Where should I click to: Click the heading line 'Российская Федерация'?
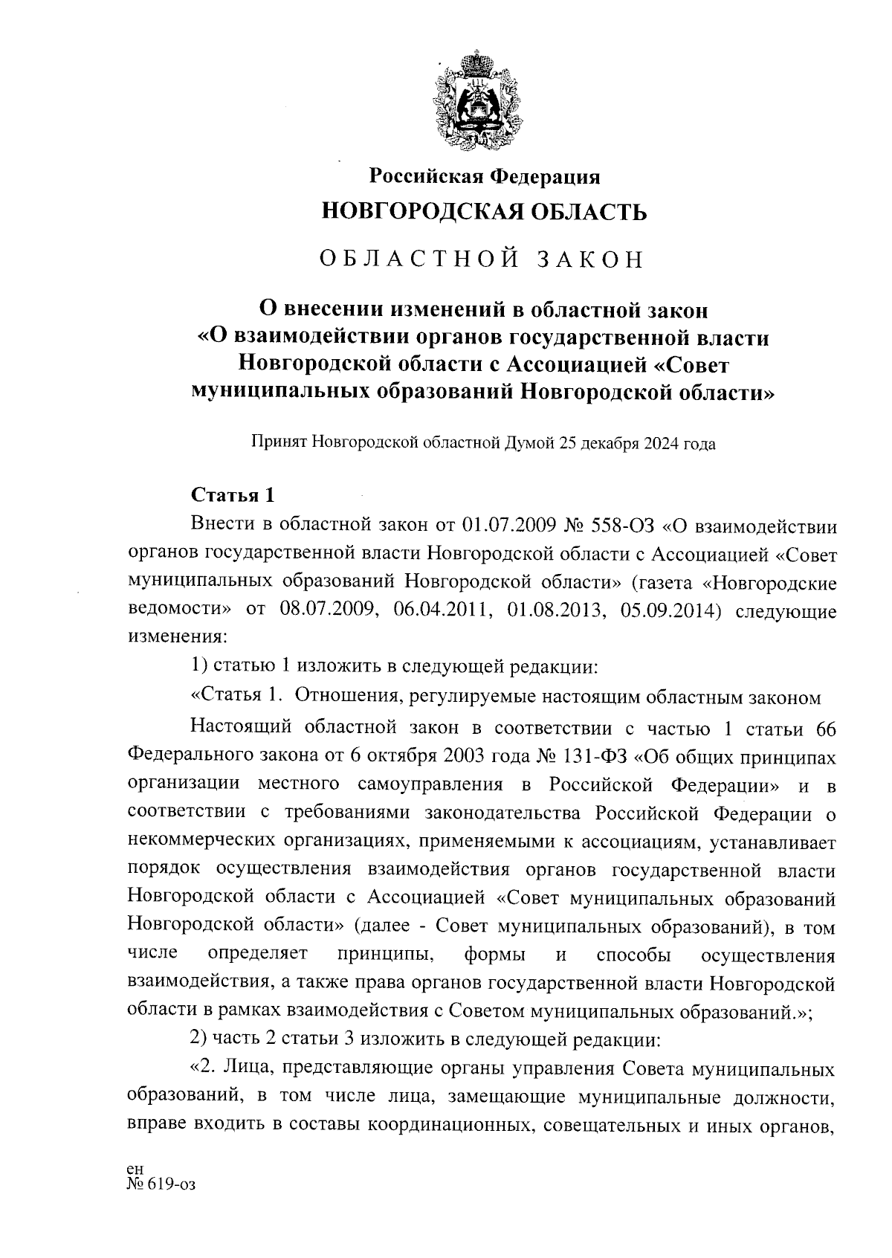pyautogui.click(x=485, y=177)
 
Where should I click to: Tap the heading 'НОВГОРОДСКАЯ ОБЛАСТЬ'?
pyautogui.click(x=483, y=213)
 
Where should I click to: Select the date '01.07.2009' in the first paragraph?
pyautogui.click(x=508, y=527)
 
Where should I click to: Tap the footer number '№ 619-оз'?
pyautogui.click(x=161, y=1184)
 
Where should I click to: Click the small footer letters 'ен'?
pyautogui.click(x=135, y=1170)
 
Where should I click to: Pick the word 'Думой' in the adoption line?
pyautogui.click(x=526, y=444)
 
